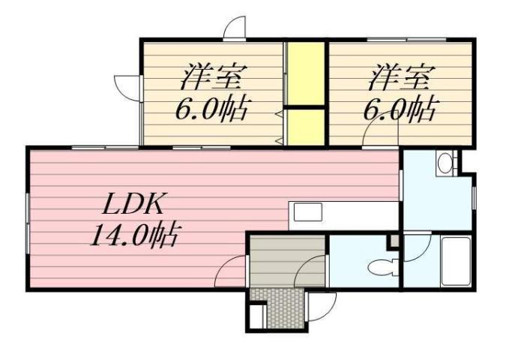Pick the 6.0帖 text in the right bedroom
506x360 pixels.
[x=398, y=111]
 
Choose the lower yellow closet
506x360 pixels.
[x=306, y=127]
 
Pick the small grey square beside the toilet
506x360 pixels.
[x=392, y=241]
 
